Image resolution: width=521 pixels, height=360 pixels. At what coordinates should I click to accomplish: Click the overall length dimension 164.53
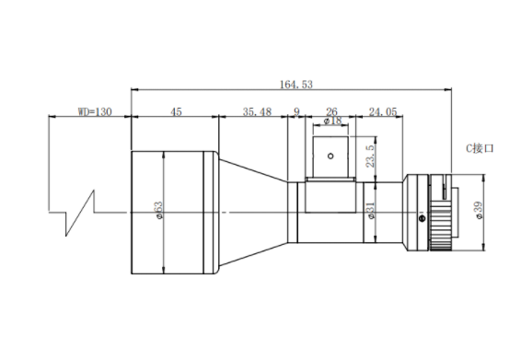click(296, 85)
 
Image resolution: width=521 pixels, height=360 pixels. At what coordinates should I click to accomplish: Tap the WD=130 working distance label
click(95, 111)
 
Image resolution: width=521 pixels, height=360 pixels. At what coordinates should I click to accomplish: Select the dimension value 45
click(176, 111)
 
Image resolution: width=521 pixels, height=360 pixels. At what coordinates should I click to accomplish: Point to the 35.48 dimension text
click(257, 111)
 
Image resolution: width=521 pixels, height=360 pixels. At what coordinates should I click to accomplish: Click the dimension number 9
click(296, 111)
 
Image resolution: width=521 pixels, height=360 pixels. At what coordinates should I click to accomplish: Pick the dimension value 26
click(331, 111)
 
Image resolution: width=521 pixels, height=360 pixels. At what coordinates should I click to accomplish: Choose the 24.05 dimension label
click(383, 111)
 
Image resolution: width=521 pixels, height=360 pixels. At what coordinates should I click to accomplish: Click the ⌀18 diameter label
click(332, 121)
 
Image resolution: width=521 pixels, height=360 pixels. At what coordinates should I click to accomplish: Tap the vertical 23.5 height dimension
click(370, 156)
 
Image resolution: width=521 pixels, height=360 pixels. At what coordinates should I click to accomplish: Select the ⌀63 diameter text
click(158, 210)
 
